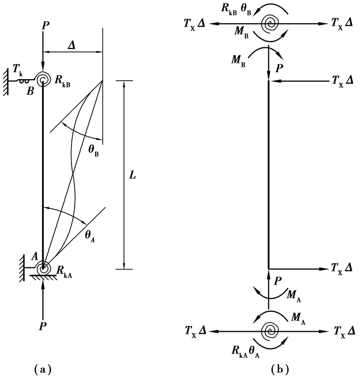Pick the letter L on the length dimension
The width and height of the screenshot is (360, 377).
(132, 175)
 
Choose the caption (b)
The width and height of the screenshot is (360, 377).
(280, 368)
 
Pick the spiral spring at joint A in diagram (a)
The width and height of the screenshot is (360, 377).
(43, 267)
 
